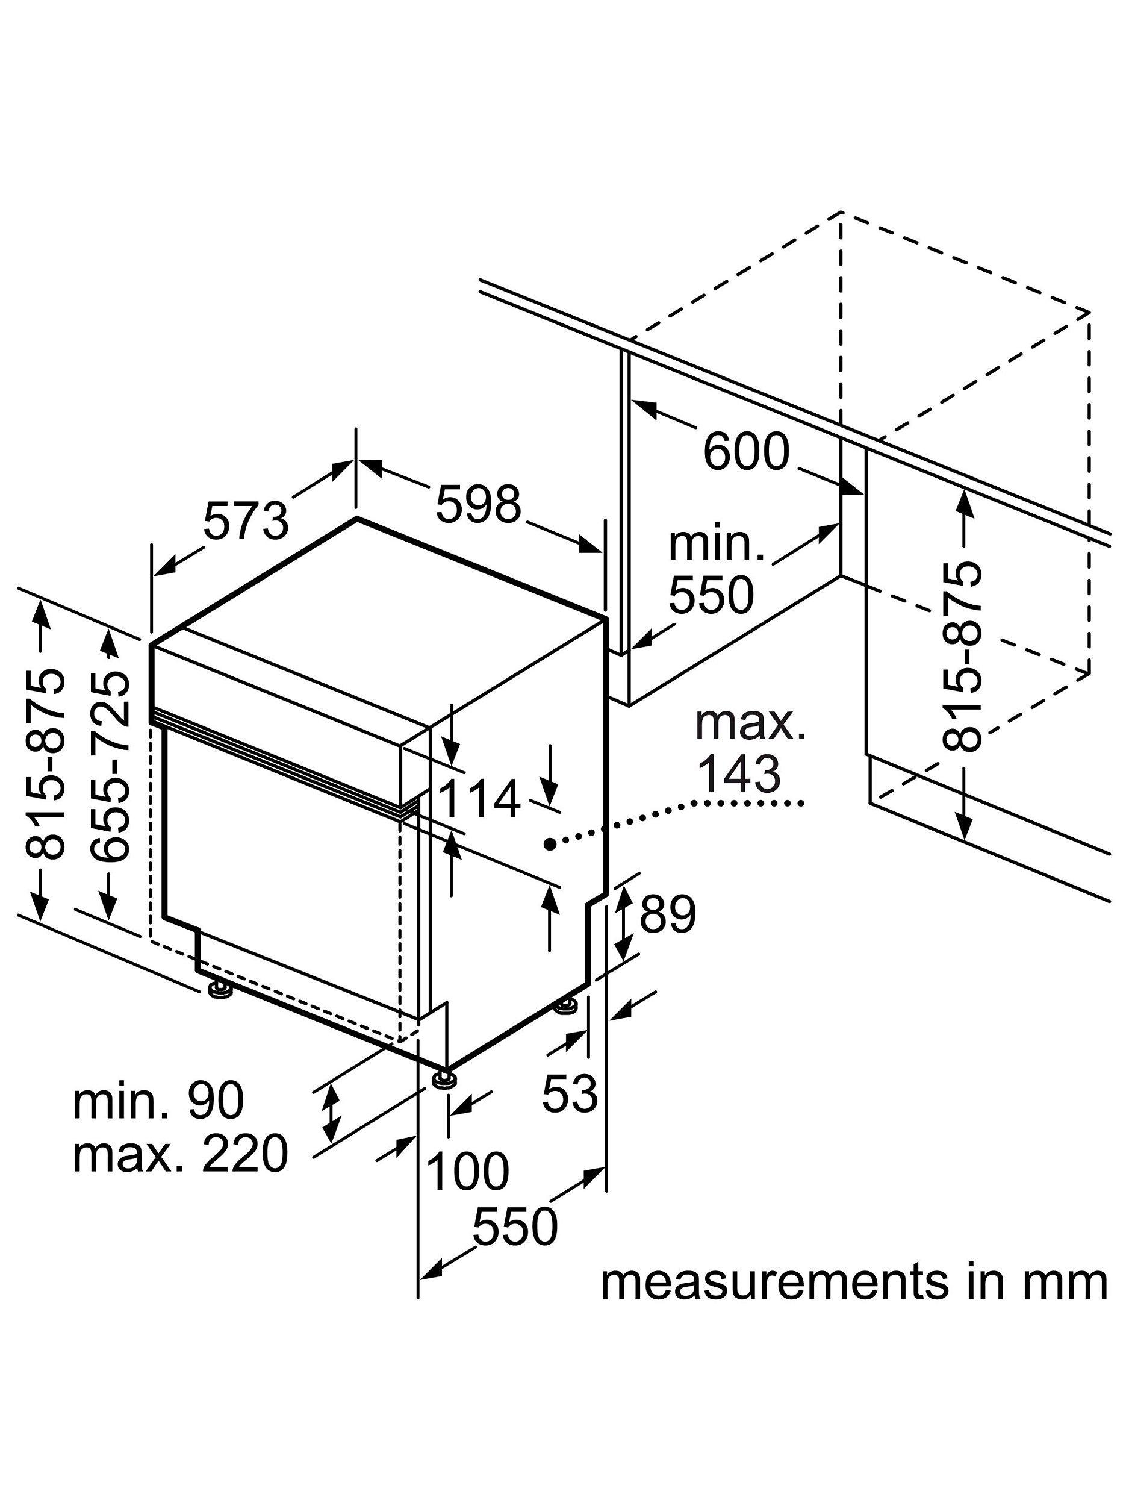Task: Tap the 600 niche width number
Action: [746, 451]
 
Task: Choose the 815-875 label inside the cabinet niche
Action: [962, 657]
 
